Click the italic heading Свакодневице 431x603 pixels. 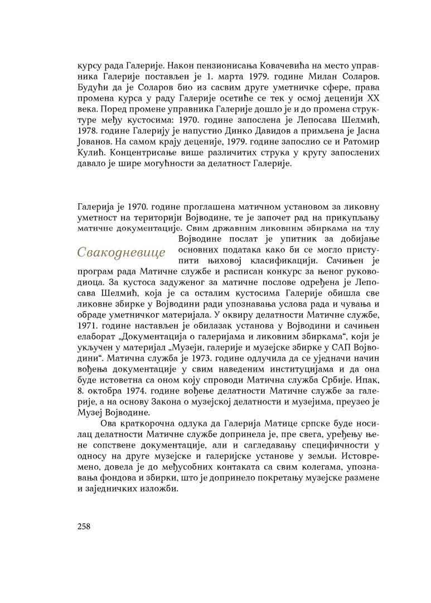[122, 252]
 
